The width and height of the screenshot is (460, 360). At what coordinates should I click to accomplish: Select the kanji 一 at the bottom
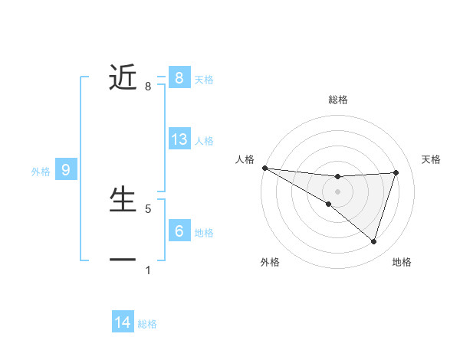[123, 260]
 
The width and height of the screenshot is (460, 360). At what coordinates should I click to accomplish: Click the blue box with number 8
[179, 77]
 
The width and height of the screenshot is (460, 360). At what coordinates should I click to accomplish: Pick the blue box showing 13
[179, 139]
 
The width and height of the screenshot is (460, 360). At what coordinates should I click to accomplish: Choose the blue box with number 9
[66, 170]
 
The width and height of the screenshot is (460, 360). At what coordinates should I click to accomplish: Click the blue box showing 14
[123, 322]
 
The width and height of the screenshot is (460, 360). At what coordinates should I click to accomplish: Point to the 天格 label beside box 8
[204, 79]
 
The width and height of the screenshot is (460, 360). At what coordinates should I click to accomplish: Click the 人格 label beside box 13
[204, 141]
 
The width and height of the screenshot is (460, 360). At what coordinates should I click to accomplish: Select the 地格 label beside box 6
[204, 232]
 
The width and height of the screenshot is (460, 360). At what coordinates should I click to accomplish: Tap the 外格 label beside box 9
[41, 172]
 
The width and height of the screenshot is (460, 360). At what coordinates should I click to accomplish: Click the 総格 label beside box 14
[147, 325]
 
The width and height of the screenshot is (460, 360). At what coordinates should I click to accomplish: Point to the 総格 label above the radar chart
[337, 100]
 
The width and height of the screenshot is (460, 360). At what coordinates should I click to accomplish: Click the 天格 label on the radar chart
[432, 159]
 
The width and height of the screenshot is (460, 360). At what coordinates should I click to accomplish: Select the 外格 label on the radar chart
[270, 262]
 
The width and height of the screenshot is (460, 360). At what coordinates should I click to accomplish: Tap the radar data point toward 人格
[264, 168]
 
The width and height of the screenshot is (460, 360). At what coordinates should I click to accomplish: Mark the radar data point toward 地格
[373, 241]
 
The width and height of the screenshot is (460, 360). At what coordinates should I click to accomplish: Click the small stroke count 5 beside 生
[148, 208]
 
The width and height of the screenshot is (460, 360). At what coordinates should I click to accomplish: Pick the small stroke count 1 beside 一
[148, 270]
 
